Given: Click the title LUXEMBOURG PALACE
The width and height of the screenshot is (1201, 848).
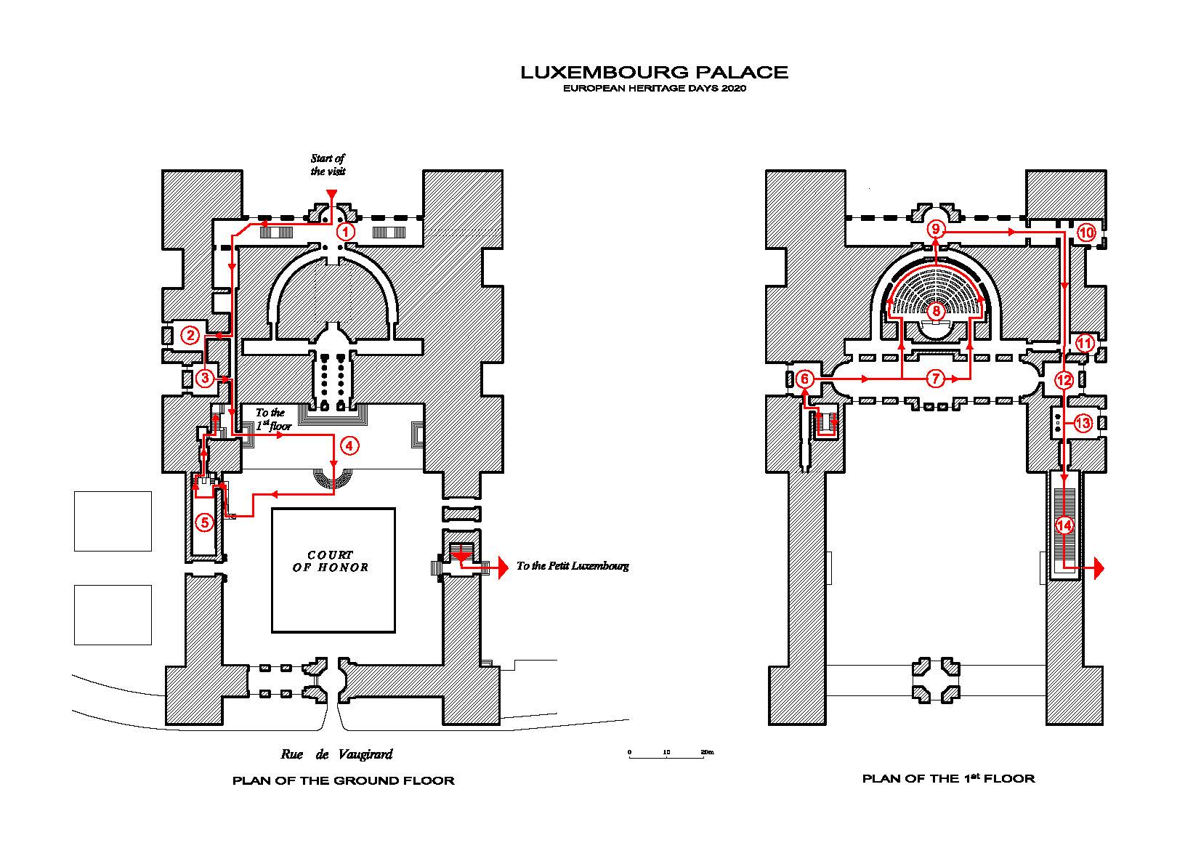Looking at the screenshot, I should tap(654, 72).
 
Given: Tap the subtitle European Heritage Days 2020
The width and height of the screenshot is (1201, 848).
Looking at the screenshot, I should tap(655, 89).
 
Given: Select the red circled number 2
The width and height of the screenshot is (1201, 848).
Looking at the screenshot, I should tap(190, 335).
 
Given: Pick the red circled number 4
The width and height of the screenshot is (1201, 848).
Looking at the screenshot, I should tap(349, 445).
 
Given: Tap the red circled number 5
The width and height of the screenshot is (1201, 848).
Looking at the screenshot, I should tap(204, 522).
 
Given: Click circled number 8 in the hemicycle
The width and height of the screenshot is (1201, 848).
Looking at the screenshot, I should tap(936, 312).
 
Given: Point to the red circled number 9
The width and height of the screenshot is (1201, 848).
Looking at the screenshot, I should tap(936, 230).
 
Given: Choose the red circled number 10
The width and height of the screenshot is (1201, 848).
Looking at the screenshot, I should tap(1085, 233).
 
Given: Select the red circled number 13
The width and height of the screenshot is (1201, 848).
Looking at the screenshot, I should tap(1083, 423).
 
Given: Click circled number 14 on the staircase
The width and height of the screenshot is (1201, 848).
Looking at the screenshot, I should tap(1064, 525).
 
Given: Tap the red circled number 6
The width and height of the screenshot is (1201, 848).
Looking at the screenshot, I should tap(804, 379).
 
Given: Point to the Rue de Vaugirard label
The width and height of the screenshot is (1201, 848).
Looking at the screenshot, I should tap(336, 754).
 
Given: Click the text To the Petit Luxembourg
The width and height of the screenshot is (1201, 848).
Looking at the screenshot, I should tap(573, 566).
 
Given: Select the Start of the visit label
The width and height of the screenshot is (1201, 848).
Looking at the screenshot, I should tap(328, 165).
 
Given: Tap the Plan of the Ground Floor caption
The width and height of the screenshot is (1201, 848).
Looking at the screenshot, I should tap(343, 781).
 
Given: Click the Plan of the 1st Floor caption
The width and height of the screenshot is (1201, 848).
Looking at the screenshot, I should tap(948, 779).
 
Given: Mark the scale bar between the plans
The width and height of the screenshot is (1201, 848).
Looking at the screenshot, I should tap(666, 756).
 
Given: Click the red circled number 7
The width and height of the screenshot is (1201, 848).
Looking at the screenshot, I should tap(936, 379).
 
